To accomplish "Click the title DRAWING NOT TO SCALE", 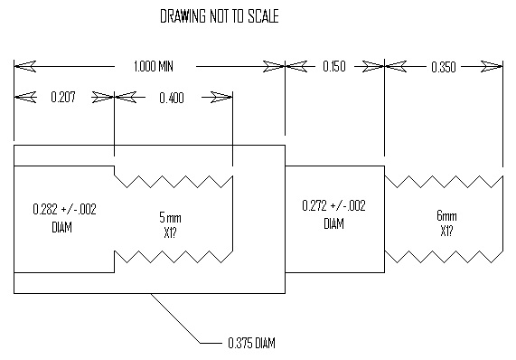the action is pyautogui.click(x=220, y=16).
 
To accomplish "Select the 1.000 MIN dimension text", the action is pyautogui.click(x=154, y=67).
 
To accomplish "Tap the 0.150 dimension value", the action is pyautogui.click(x=334, y=67).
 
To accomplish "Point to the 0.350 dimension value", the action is pyautogui.click(x=444, y=67).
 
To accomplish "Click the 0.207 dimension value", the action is pyautogui.click(x=63, y=97).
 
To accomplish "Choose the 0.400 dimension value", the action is pyautogui.click(x=172, y=99).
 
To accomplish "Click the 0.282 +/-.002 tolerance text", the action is pyautogui.click(x=64, y=210).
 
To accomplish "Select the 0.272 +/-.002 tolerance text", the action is pyautogui.click(x=333, y=206).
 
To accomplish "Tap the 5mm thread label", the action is pyautogui.click(x=170, y=218).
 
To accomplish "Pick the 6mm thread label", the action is pyautogui.click(x=446, y=216).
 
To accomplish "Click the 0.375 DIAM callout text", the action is pyautogui.click(x=252, y=343).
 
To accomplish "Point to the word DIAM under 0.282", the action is pyautogui.click(x=61, y=227).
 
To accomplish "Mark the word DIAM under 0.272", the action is pyautogui.click(x=334, y=223).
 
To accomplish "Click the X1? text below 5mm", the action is pyautogui.click(x=170, y=233).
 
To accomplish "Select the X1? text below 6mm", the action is pyautogui.click(x=446, y=232).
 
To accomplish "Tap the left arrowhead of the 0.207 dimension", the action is pyautogui.click(x=25, y=97).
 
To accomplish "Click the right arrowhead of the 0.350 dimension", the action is pyautogui.click(x=492, y=67).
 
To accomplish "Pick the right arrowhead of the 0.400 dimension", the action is pyautogui.click(x=221, y=97).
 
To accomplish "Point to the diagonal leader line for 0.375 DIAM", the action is pyautogui.click(x=175, y=318).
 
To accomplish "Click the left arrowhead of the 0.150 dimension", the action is pyautogui.click(x=296, y=67).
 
